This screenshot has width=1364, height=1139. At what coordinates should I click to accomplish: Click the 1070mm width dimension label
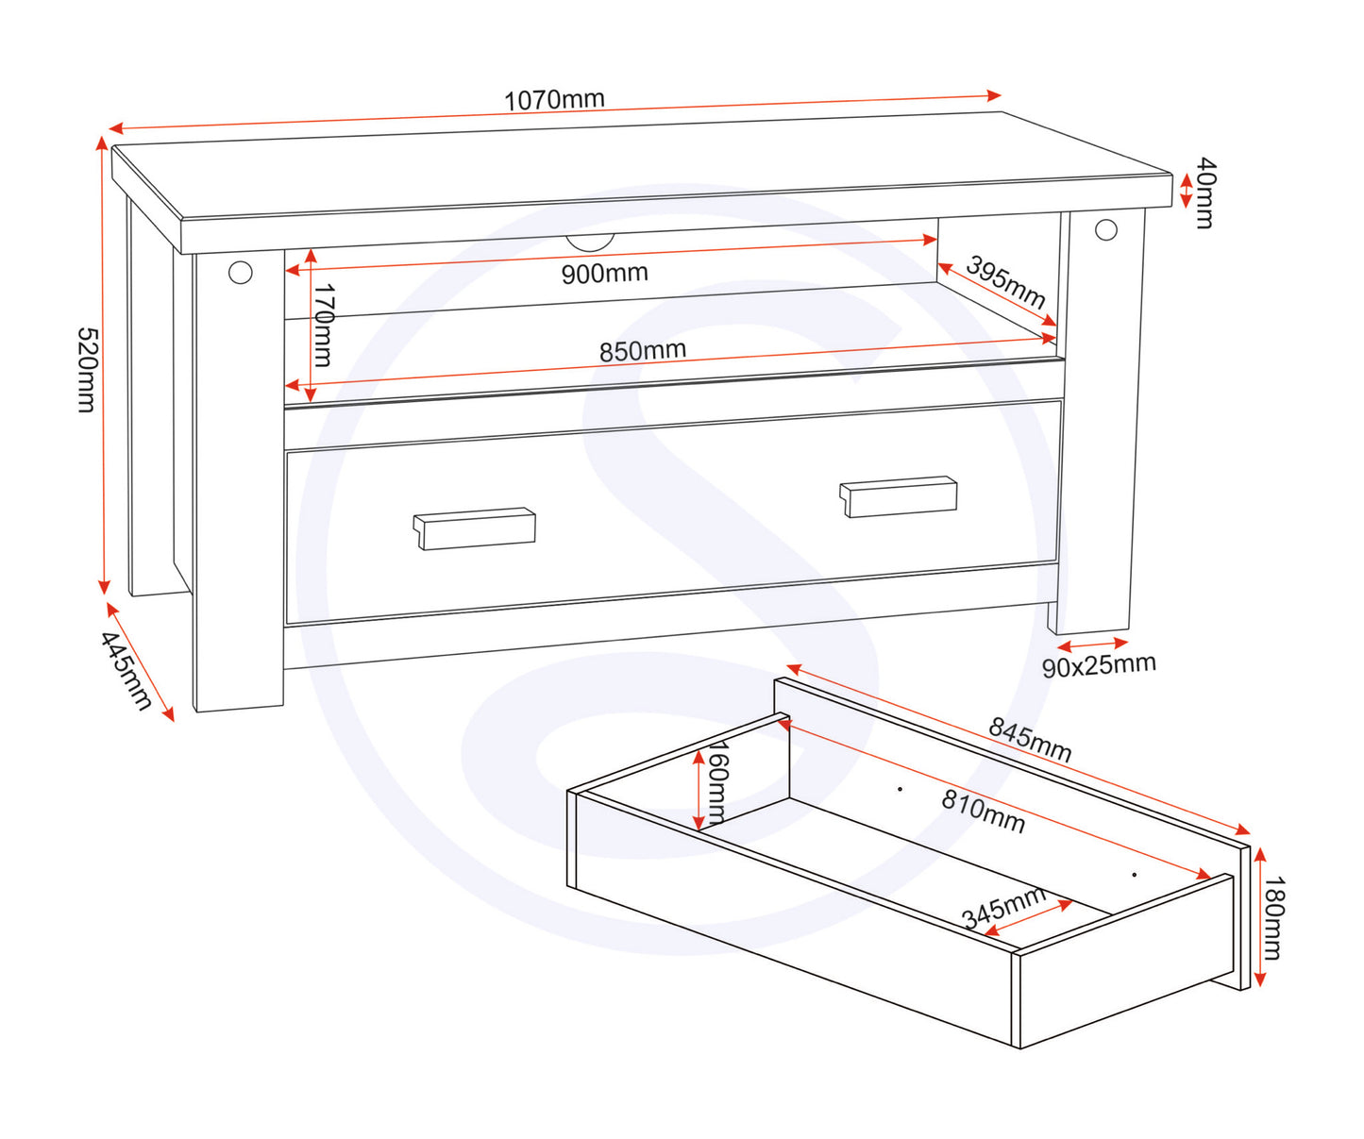pyautogui.click(x=554, y=100)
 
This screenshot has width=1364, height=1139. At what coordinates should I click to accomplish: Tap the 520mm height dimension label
pyautogui.click(x=88, y=370)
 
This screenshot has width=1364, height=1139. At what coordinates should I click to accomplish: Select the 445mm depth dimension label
pyautogui.click(x=126, y=671)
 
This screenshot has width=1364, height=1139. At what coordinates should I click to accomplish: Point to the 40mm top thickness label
pyautogui.click(x=1205, y=193)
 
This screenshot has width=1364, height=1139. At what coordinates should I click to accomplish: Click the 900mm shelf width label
pyautogui.click(x=604, y=274)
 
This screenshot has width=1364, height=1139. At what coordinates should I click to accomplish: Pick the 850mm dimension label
pyautogui.click(x=643, y=351)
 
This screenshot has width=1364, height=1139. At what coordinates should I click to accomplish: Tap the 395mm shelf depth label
pyautogui.click(x=1005, y=282)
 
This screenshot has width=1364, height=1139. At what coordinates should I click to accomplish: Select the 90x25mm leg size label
pyautogui.click(x=1099, y=665)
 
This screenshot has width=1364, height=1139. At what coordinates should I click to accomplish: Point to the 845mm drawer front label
pyautogui.click(x=1030, y=739)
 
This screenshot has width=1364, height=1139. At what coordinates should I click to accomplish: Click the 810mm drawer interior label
pyautogui.click(x=984, y=812)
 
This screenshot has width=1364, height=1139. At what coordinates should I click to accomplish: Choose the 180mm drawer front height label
pyautogui.click(x=1273, y=918)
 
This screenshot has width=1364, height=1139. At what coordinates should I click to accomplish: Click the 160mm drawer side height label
pyautogui.click(x=717, y=781)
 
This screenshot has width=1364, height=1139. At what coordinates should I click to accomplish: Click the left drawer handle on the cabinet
pyautogui.click(x=474, y=528)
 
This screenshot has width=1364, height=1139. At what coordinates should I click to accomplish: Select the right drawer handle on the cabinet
pyautogui.click(x=899, y=496)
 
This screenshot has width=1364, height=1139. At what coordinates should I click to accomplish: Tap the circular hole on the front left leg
pyautogui.click(x=241, y=273)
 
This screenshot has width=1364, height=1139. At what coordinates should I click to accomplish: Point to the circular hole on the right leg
pyautogui.click(x=1106, y=230)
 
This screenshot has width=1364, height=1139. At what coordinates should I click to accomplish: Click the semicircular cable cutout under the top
pyautogui.click(x=590, y=243)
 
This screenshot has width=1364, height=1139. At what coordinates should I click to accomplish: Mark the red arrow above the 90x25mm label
pyautogui.click(x=1093, y=645)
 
